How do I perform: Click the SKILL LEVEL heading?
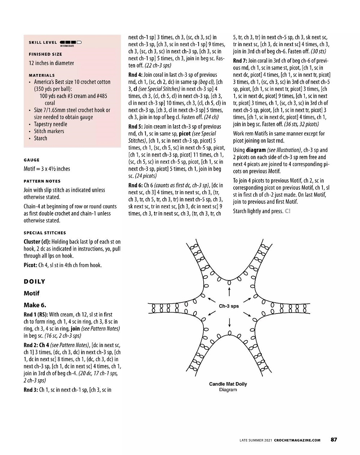pyautogui.click(x=43, y=43)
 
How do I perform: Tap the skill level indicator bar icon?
pyautogui.click(x=71, y=43)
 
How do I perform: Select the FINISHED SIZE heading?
pyautogui.click(x=45, y=54)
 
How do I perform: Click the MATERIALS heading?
pyautogui.click(x=42, y=75)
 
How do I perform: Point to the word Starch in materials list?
pyautogui.click(x=40, y=138)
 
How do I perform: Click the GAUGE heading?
pyautogui.click(x=32, y=160)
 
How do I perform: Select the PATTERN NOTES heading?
pyautogui.click(x=42, y=181)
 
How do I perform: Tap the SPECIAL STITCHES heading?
pyautogui.click(x=45, y=233)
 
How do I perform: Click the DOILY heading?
pyautogui.click(x=35, y=281)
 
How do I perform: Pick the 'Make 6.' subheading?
pyautogui.click(x=35, y=305)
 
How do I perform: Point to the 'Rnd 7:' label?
pyautogui.click(x=240, y=61)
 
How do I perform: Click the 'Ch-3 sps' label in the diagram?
pyautogui.click(x=229, y=306)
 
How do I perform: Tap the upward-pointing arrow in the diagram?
pyautogui.click(x=229, y=291)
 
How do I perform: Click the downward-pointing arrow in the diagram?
pyautogui.click(x=229, y=322)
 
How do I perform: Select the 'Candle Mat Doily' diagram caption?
pyautogui.click(x=228, y=384)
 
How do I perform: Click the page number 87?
pyautogui.click(x=334, y=439)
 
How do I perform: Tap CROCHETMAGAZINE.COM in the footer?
pyautogui.click(x=297, y=440)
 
